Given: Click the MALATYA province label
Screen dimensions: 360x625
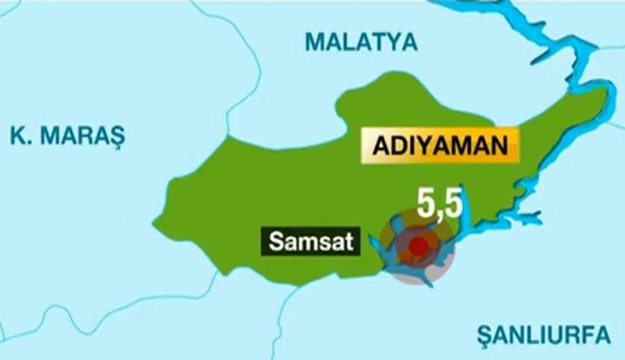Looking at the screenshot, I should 361,42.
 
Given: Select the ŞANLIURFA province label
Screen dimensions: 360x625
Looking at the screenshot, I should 543,336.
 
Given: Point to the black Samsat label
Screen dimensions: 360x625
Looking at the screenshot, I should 311,242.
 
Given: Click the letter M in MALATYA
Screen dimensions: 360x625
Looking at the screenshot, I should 315,42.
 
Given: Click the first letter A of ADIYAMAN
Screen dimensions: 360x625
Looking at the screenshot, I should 381,145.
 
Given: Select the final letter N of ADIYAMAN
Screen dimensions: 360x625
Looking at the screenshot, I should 499,145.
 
